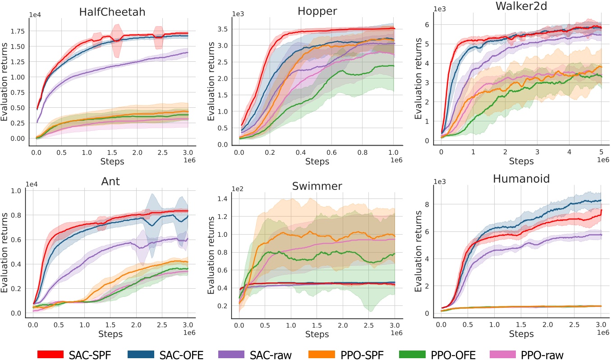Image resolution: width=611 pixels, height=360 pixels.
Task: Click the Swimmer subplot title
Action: click(317, 185)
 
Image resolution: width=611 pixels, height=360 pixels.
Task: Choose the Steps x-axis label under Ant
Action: click(111, 333)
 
